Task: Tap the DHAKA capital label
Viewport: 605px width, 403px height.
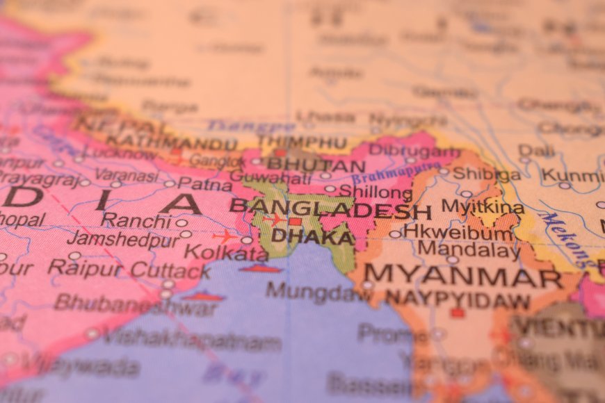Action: point(312,236)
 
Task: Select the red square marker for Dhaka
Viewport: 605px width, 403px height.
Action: point(295,222)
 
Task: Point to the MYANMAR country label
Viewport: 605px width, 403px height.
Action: point(463,276)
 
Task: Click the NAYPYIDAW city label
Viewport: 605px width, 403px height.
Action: point(458,299)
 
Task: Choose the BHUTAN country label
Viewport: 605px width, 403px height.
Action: point(316,166)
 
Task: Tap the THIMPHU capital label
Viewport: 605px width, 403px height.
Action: point(302,142)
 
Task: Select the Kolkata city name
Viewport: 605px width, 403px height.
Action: point(226,253)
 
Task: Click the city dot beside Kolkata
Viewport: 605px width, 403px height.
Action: point(247,240)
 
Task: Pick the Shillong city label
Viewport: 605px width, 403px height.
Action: point(376,191)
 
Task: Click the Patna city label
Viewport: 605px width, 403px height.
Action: point(204,183)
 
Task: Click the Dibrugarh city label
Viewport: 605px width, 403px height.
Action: point(414,150)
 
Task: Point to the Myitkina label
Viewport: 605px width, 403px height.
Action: point(483,207)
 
